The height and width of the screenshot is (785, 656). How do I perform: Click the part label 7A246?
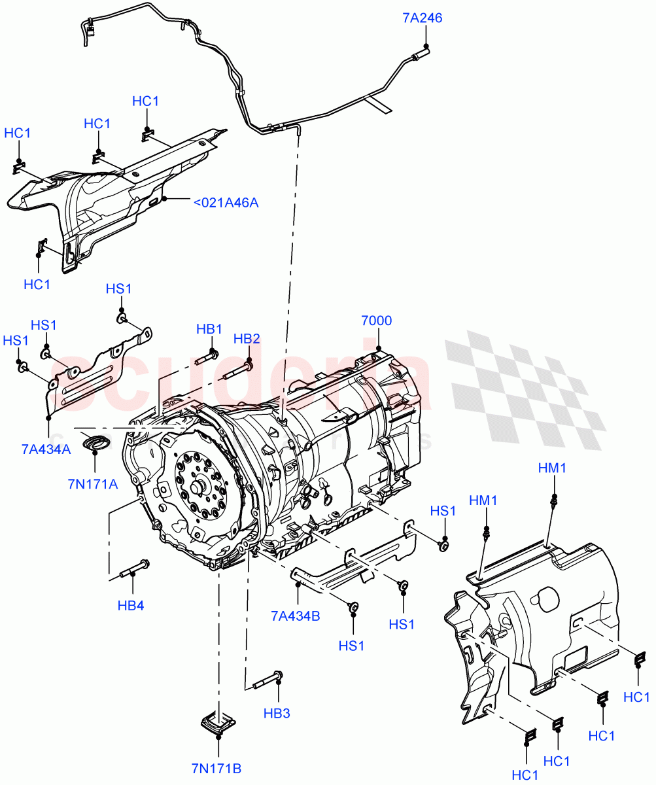pos(422,18)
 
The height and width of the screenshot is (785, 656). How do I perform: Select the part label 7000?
pos(377,321)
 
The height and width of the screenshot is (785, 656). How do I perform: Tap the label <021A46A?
pos(226,203)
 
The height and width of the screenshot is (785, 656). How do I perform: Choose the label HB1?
pos(209,329)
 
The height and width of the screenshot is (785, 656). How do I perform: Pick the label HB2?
pos(247,339)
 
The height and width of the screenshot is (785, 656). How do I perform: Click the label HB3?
pos(277,713)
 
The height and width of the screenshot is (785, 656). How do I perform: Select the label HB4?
pos(131,606)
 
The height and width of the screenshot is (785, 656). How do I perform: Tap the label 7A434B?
pos(296,616)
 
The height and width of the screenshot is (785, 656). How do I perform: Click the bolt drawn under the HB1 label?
pos(207,358)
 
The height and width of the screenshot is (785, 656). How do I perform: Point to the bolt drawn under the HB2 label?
pos(237,371)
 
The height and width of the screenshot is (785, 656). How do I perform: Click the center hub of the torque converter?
pos(199,489)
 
